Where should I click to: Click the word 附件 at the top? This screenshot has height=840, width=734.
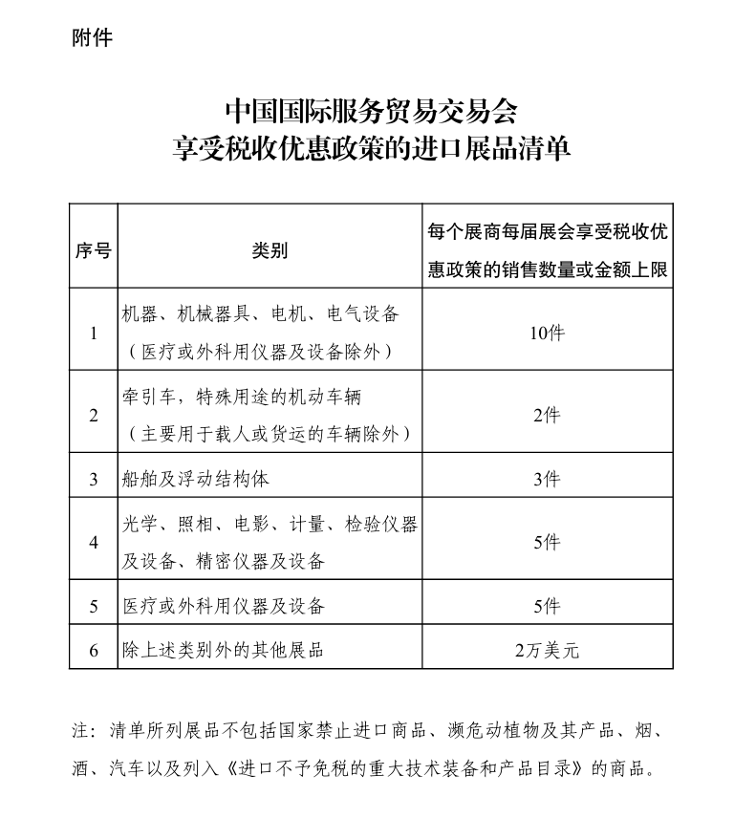pyautogui.click(x=92, y=38)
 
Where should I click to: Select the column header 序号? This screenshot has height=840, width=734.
pyautogui.click(x=93, y=251)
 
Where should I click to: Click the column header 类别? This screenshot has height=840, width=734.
pyautogui.click(x=270, y=251)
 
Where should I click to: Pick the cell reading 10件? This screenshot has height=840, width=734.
pyautogui.click(x=547, y=333)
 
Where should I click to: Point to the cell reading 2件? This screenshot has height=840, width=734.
pyautogui.click(x=547, y=415)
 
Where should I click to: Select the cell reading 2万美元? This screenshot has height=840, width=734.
pyautogui.click(x=547, y=651)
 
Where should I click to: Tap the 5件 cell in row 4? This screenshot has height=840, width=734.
pyautogui.click(x=547, y=543)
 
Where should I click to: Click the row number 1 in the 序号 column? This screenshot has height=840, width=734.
pyautogui.click(x=93, y=334)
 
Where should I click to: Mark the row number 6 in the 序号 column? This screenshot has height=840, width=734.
pyautogui.click(x=93, y=651)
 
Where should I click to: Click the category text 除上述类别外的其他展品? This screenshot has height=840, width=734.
pyautogui.click(x=224, y=651)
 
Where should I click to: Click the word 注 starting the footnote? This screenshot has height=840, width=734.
pyautogui.click(x=81, y=731)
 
